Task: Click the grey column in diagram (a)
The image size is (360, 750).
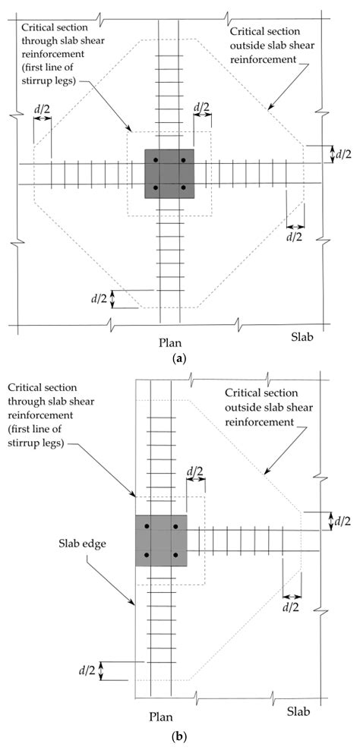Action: coord(169,174)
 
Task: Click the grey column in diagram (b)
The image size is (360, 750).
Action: coord(160,540)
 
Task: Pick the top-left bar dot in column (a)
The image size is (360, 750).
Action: coord(156,161)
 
